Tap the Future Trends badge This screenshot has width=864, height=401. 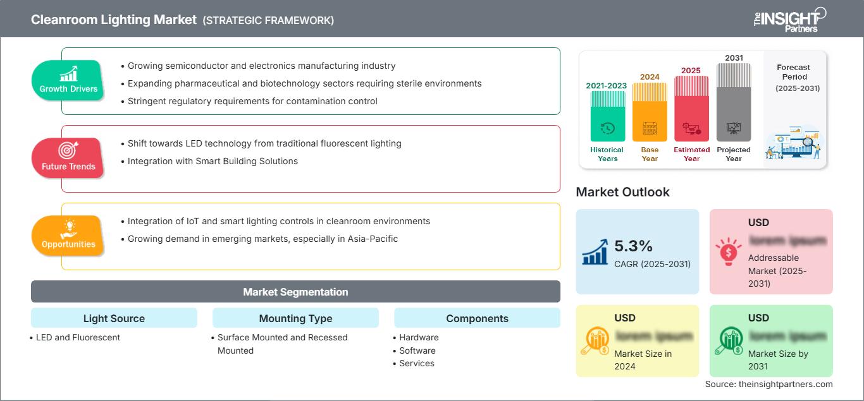[68, 158]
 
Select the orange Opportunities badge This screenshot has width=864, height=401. [68, 236]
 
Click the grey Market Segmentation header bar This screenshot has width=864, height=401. [295, 292]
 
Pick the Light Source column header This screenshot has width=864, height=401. [114, 318]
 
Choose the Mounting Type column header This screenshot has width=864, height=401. [295, 318]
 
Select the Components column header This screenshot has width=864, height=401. [477, 318]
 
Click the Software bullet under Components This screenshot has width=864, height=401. [417, 350]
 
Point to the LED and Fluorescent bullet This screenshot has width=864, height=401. [78, 337]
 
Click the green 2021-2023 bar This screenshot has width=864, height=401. [607, 117]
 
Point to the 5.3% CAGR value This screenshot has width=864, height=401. [634, 246]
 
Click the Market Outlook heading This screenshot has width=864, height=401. [622, 192]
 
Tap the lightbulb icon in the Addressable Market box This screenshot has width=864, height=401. [727, 251]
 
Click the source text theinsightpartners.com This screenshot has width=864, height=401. [769, 384]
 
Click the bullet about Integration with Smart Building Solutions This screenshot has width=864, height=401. [213, 161]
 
